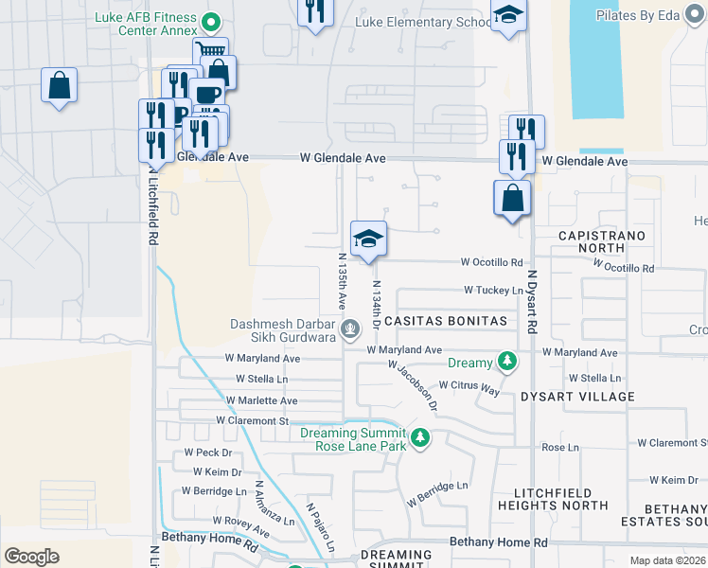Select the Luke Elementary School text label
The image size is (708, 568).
(x=422, y=22)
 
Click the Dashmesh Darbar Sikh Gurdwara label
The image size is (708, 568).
(x=284, y=329)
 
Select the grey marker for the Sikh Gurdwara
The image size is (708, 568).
(x=350, y=329)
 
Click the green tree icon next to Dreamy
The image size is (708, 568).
(x=508, y=362)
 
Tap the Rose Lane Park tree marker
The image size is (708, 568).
(x=420, y=439)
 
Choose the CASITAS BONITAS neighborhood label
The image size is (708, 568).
(x=444, y=322)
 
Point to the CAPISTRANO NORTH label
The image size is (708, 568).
(x=602, y=240)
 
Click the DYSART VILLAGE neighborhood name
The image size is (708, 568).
(x=576, y=397)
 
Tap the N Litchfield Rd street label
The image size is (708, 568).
(x=152, y=209)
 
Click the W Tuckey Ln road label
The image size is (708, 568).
(x=493, y=291)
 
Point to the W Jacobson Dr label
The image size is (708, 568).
(x=414, y=386)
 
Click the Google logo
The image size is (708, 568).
(x=31, y=557)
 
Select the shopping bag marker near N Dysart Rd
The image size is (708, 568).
(x=512, y=199)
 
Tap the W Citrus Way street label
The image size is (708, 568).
(x=470, y=387)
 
